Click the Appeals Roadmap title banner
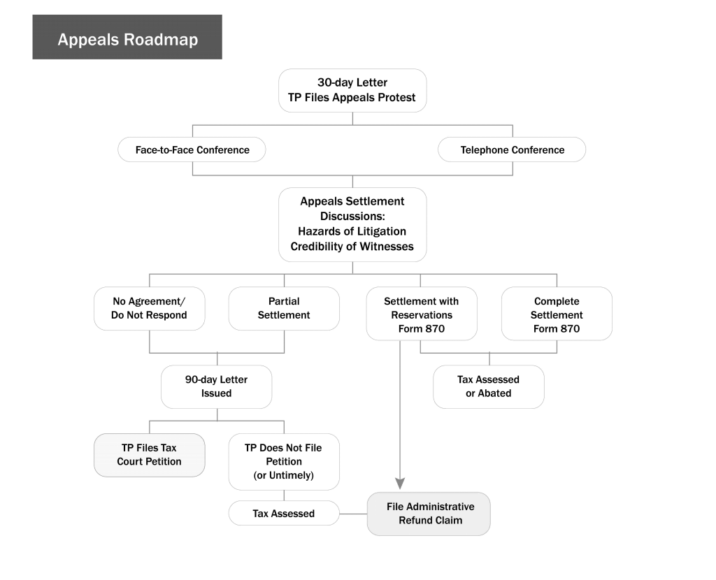[127, 37]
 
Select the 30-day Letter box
[352, 90]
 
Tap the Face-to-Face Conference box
[192, 150]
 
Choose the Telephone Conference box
[512, 150]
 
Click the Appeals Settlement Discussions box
[352, 224]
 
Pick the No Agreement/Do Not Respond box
[150, 308]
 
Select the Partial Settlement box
[284, 308]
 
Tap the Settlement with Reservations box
[422, 314]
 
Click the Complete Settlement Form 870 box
[557, 314]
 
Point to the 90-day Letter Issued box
[217, 386]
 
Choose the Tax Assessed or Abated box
[489, 386]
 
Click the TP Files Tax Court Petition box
[150, 455]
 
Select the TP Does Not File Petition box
[284, 462]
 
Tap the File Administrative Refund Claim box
[429, 514]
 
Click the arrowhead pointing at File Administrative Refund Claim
[400, 484]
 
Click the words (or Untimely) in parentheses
[284, 475]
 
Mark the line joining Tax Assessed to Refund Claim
[353, 514]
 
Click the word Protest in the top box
[399, 98]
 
